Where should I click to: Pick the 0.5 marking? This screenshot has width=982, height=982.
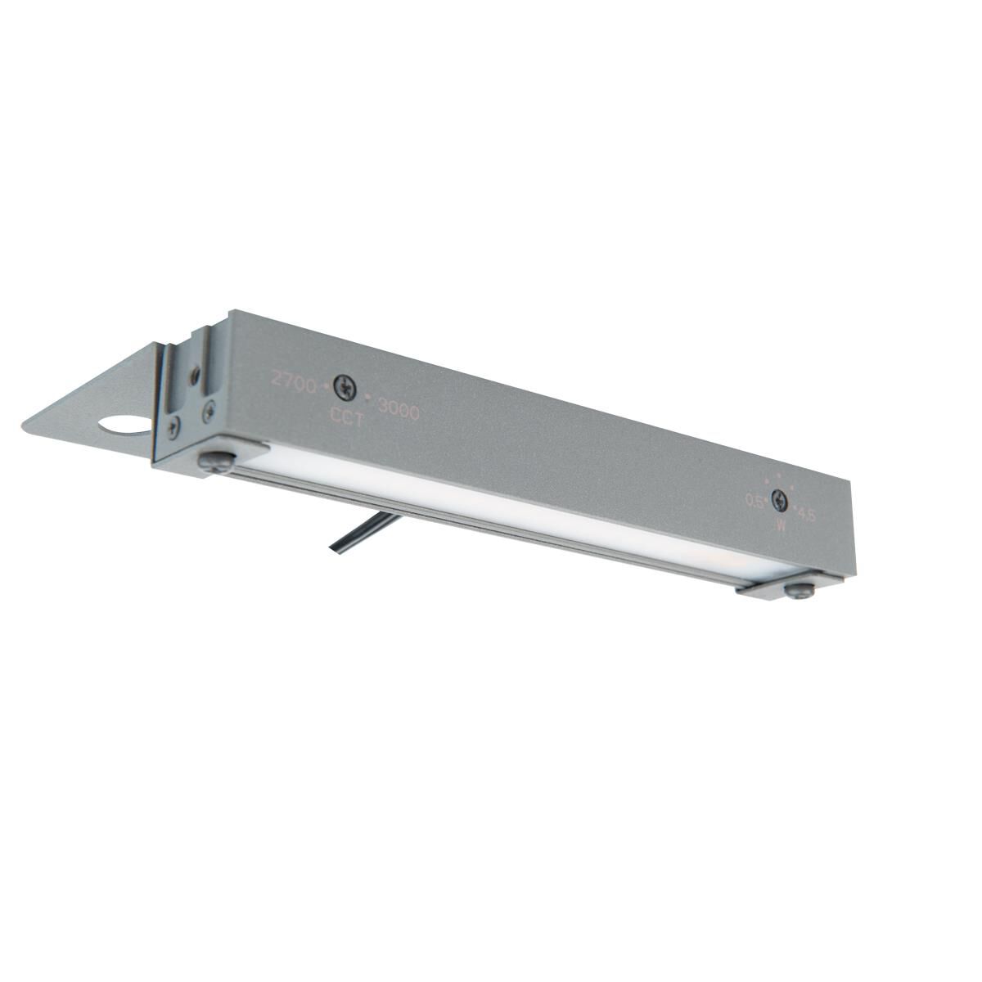[754, 501]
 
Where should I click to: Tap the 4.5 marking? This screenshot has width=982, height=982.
[806, 516]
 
